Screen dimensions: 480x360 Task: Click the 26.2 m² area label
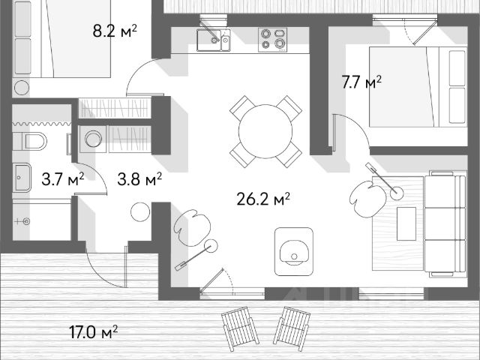262,199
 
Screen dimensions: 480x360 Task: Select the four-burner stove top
272,40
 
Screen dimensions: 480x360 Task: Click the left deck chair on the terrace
240,327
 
